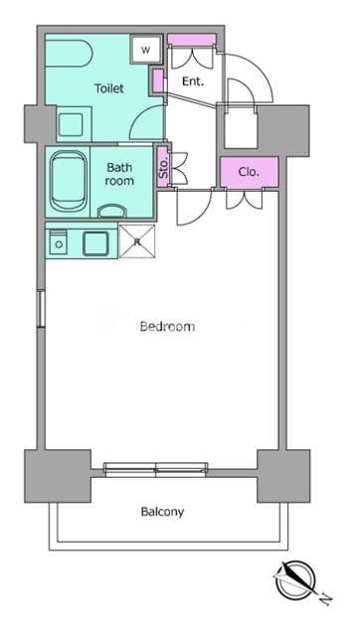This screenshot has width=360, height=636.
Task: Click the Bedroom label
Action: tap(167, 327)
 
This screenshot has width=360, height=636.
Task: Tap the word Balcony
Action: tap(162, 512)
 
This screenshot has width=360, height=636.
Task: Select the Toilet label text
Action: tap(109, 88)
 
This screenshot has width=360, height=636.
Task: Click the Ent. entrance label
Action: tap(193, 81)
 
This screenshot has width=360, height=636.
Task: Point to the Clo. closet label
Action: tap(249, 172)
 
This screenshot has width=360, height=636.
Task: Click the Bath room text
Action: tap(119, 174)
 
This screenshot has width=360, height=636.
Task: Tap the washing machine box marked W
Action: tap(146, 50)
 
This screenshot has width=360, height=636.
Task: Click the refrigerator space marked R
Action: tap(137, 241)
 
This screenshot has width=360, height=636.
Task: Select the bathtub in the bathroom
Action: tap(69, 181)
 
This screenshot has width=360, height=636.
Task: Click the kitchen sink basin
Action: tap(95, 243)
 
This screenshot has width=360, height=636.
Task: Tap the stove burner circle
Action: tap(60, 244)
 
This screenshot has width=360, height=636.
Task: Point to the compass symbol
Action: tap(294, 578)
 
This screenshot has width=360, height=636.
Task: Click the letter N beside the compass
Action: tap(325, 597)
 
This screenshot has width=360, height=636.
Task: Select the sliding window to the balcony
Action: tap(156, 468)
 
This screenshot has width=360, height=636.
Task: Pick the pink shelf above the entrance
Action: tap(192, 40)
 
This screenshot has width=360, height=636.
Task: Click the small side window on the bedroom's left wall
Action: tap(41, 309)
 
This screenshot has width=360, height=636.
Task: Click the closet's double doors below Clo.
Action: tap(245, 199)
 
